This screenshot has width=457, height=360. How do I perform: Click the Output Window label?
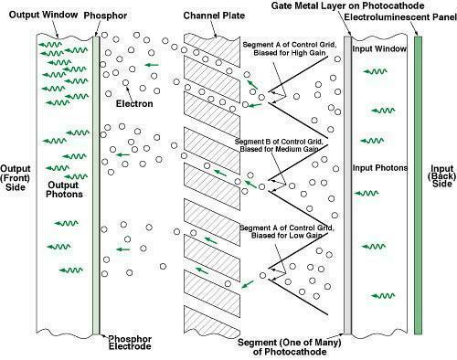[x=43, y=15]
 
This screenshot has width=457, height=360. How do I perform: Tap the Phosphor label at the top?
[x=105, y=16]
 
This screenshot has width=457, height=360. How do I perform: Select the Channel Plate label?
[x=214, y=16]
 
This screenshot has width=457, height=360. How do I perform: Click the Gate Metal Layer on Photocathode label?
[x=347, y=5]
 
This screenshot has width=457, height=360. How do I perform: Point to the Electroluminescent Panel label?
[x=400, y=17]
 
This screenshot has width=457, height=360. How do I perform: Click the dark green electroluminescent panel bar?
[x=418, y=185]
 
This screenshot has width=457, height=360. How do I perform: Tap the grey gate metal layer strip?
[x=347, y=185]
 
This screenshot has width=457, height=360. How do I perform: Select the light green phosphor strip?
[x=96, y=185]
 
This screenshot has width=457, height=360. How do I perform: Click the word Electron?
[x=134, y=103]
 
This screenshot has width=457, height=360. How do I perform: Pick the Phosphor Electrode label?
[x=130, y=343]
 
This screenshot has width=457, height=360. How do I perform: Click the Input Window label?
[x=379, y=48]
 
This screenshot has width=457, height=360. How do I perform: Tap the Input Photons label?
[x=380, y=168]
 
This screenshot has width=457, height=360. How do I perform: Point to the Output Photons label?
[x=64, y=189]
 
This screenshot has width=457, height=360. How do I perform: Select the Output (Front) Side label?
[x=16, y=177]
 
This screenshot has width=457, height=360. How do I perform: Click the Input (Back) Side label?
[x=442, y=176]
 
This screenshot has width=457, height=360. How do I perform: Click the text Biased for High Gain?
[x=290, y=53]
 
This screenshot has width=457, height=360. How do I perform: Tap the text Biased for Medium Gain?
[x=279, y=149]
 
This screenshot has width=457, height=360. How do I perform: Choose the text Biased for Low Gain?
[x=287, y=236]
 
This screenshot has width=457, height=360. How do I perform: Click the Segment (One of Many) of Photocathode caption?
[x=290, y=347]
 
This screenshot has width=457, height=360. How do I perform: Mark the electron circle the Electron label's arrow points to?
[x=125, y=82]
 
